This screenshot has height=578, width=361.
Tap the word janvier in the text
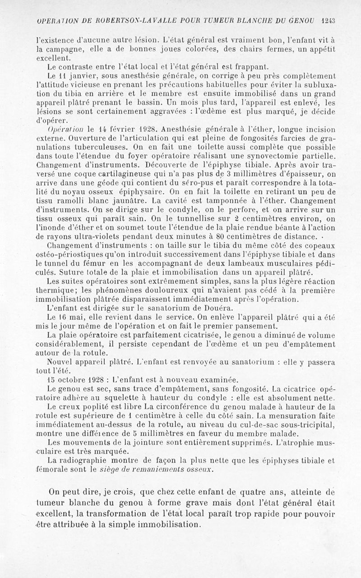(79, 75)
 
